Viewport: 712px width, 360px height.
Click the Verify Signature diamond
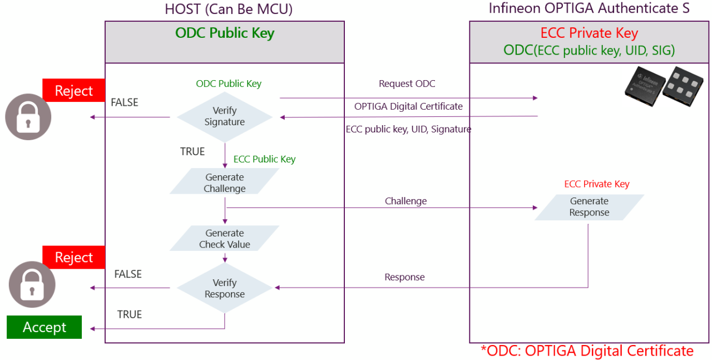click(x=225, y=117)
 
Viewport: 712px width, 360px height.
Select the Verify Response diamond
click(x=225, y=288)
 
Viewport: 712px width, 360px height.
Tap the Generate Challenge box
click(x=225, y=183)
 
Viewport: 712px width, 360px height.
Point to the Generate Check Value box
click(x=225, y=239)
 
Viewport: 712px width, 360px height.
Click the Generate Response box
click(x=589, y=207)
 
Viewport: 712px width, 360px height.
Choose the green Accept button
click(x=44, y=327)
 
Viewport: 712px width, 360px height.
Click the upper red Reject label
click(x=74, y=91)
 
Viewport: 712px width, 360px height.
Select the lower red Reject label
click(x=74, y=258)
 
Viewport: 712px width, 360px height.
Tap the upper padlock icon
click(x=28, y=117)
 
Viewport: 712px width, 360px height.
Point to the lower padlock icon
click(x=32, y=284)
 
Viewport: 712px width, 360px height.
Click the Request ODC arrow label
click(x=407, y=83)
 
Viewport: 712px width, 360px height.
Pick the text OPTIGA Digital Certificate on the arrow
click(x=408, y=106)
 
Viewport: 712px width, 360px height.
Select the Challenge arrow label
click(x=406, y=201)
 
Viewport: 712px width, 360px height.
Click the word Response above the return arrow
click(x=404, y=277)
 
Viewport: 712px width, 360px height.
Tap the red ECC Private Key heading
click(x=589, y=33)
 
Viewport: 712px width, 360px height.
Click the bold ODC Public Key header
click(x=225, y=33)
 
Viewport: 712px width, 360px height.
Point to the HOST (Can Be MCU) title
click(x=229, y=9)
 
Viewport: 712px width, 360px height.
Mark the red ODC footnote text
click(x=587, y=351)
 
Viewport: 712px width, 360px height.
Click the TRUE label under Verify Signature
click(x=192, y=151)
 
